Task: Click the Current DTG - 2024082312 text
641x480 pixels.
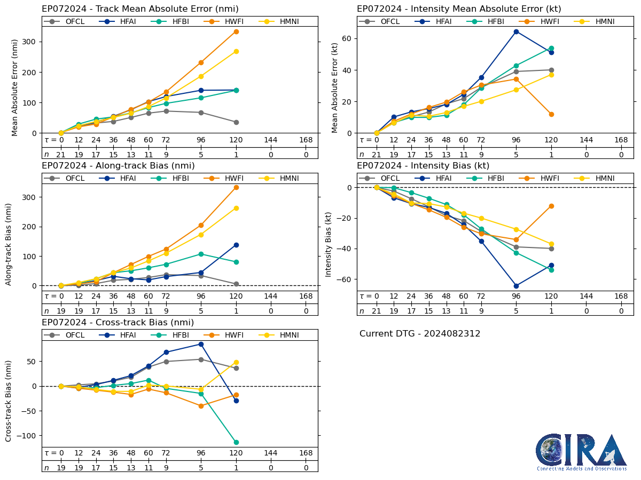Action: pos(420,334)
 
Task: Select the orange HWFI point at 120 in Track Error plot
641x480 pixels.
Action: pos(236,31)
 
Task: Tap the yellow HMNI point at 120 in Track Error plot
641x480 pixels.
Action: pos(236,51)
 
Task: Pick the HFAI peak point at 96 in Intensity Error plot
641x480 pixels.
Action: pos(516,31)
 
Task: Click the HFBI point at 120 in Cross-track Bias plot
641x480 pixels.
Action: pos(236,442)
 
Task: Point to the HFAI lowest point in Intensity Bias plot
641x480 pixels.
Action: pos(516,286)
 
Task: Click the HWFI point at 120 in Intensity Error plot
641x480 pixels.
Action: pos(551,114)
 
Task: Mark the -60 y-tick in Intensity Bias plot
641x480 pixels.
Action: pos(347,279)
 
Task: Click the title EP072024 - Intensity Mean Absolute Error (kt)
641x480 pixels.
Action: pos(459,9)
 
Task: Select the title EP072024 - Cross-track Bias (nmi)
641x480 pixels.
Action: pos(118,323)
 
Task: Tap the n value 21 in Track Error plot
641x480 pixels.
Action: pos(61,154)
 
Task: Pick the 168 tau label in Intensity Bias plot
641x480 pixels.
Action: pos(621,297)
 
